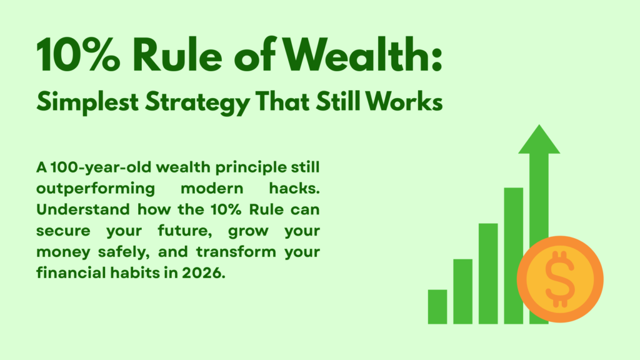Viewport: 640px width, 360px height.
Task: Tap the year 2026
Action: pyautogui.click(x=202, y=274)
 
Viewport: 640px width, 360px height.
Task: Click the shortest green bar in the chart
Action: pyautogui.click(x=437, y=307)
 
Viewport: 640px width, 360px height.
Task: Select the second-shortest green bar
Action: pyautogui.click(x=462, y=291)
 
